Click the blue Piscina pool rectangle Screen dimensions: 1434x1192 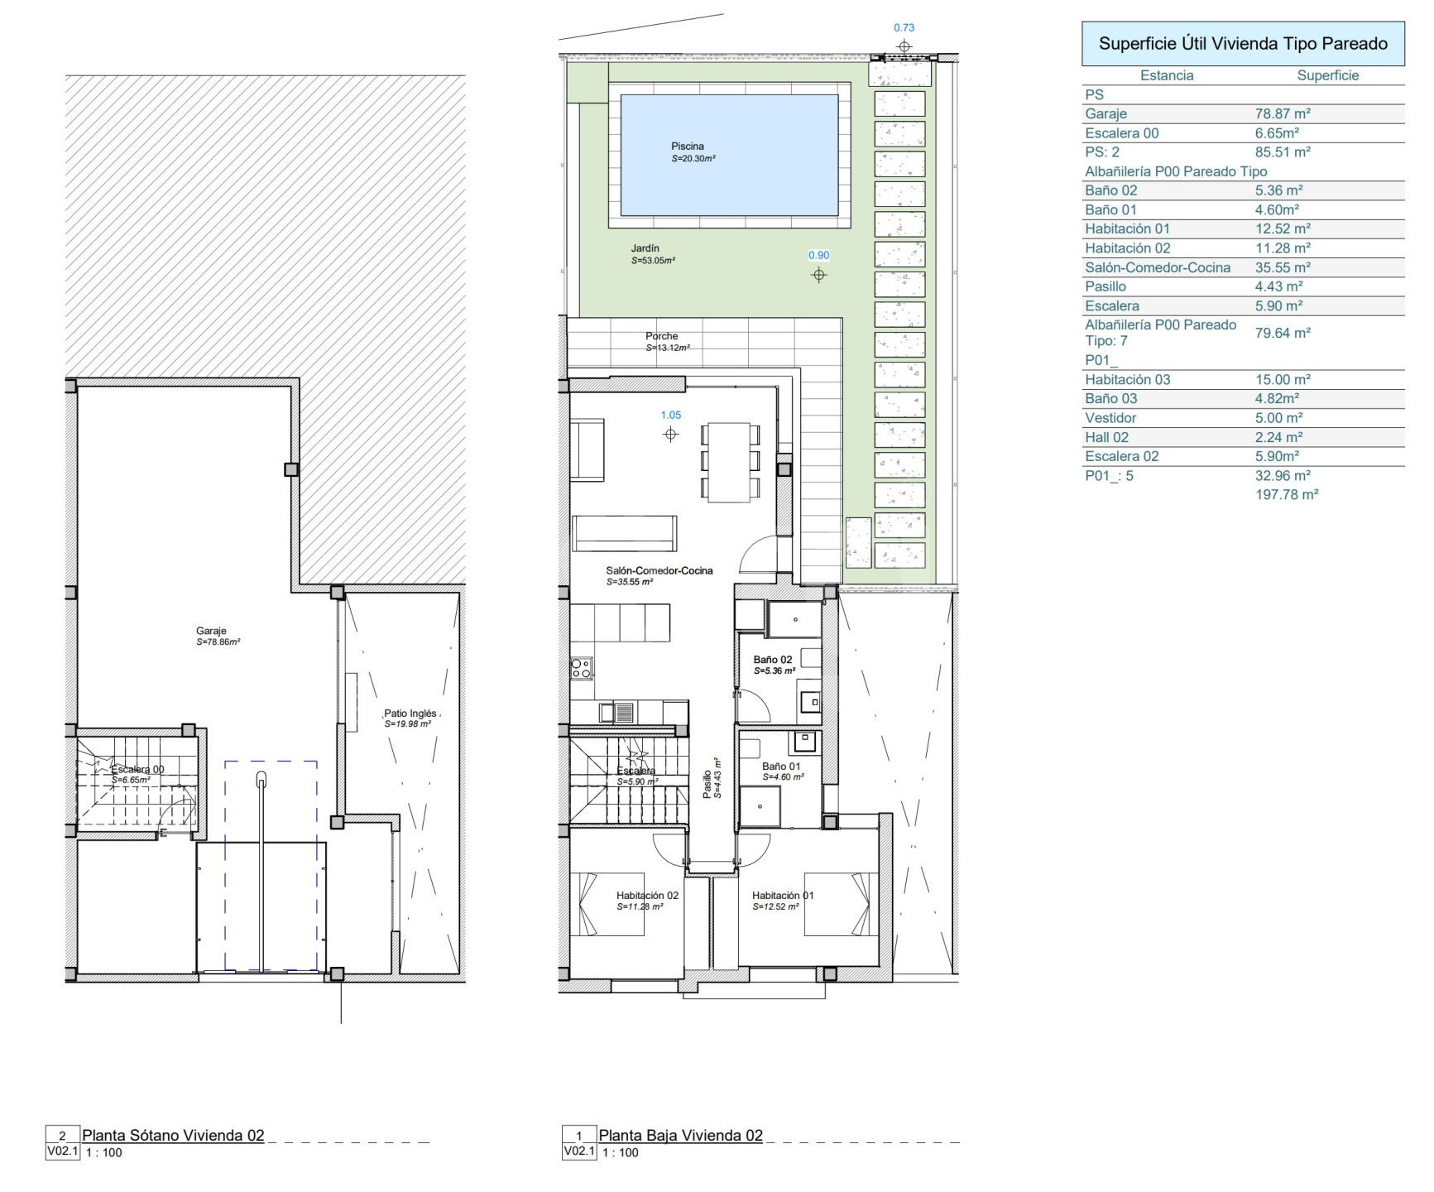pyautogui.click(x=729, y=155)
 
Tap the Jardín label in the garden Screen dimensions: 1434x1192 pyautogui.click(x=645, y=248)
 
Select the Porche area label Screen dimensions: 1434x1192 pyautogui.click(x=662, y=336)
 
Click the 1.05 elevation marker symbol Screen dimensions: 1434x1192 pyautogui.click(x=671, y=435)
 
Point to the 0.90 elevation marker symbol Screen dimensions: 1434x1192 pyautogui.click(x=819, y=275)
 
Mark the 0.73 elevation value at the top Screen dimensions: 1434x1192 pyautogui.click(x=904, y=28)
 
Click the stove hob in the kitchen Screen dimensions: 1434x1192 pyautogui.click(x=582, y=668)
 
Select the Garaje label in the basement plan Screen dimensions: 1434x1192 pyautogui.click(x=211, y=631)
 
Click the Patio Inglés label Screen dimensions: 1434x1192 pyautogui.click(x=410, y=714)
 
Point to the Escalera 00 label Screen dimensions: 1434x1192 pyautogui.click(x=138, y=769)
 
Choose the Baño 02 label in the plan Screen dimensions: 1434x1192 pyautogui.click(x=773, y=660)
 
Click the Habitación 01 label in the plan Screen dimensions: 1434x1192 pyautogui.click(x=783, y=896)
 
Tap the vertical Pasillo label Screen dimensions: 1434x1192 pyautogui.click(x=707, y=784)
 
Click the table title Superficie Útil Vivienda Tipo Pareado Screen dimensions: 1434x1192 pyautogui.click(x=1243, y=44)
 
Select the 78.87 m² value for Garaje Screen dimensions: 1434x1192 pyautogui.click(x=1283, y=114)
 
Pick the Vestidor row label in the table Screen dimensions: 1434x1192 pyautogui.click(x=1110, y=418)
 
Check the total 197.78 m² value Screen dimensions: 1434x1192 pyautogui.click(x=1287, y=495)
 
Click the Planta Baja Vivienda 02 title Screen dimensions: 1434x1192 pyautogui.click(x=681, y=1136)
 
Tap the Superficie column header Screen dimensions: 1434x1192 pyautogui.click(x=1328, y=75)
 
